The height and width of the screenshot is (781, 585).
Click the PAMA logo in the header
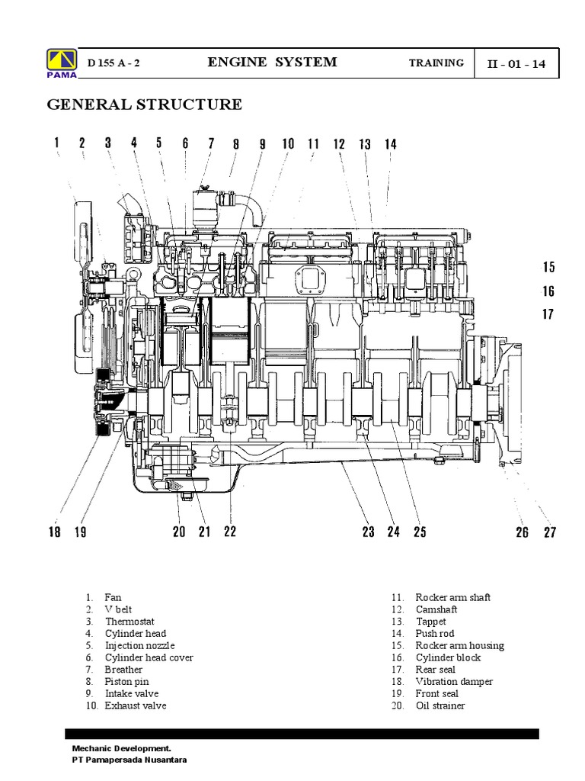point(57,63)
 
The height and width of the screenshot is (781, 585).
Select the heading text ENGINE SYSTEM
point(272,63)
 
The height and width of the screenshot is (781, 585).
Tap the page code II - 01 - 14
point(516,63)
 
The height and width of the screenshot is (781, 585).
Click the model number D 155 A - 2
point(113,63)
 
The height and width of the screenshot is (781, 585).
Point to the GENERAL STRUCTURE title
point(145,104)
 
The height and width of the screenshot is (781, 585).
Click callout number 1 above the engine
point(56,143)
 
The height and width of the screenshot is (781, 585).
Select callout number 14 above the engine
point(390,143)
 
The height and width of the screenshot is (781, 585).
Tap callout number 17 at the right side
point(548,314)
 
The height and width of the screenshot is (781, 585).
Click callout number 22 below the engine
point(229,532)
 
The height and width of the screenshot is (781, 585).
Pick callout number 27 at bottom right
point(549,532)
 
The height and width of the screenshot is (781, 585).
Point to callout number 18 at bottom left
point(55,532)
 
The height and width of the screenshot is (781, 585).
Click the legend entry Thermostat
point(129,622)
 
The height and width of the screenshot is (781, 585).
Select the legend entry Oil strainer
point(440,705)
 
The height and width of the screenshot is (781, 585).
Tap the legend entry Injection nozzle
point(139,645)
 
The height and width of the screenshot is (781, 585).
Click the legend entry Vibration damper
point(454,681)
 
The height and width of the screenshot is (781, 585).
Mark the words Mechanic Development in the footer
point(116,749)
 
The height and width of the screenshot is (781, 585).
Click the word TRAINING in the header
point(436,63)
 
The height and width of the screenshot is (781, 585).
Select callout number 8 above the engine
point(236,143)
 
